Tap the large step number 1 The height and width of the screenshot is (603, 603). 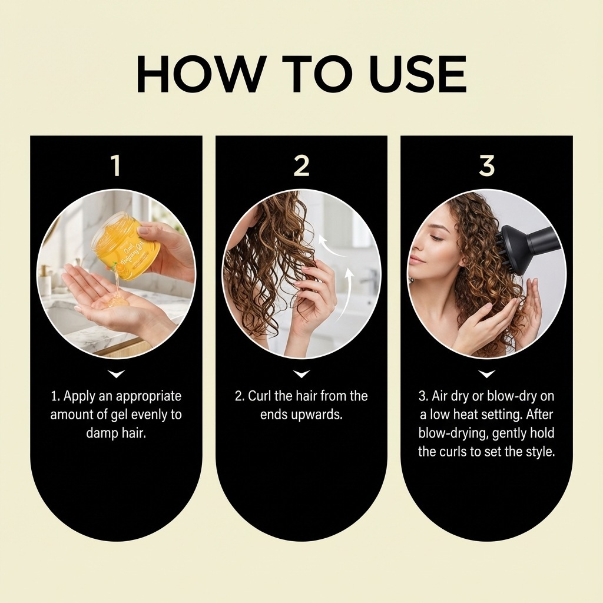[117, 165]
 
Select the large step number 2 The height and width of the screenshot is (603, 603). [301, 165]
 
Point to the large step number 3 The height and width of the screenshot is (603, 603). [486, 165]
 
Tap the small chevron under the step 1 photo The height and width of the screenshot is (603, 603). [117, 374]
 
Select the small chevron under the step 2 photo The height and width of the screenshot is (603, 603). [301, 374]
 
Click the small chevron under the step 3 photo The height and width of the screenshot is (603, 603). [486, 374]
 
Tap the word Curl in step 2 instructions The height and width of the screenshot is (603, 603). [260, 396]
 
